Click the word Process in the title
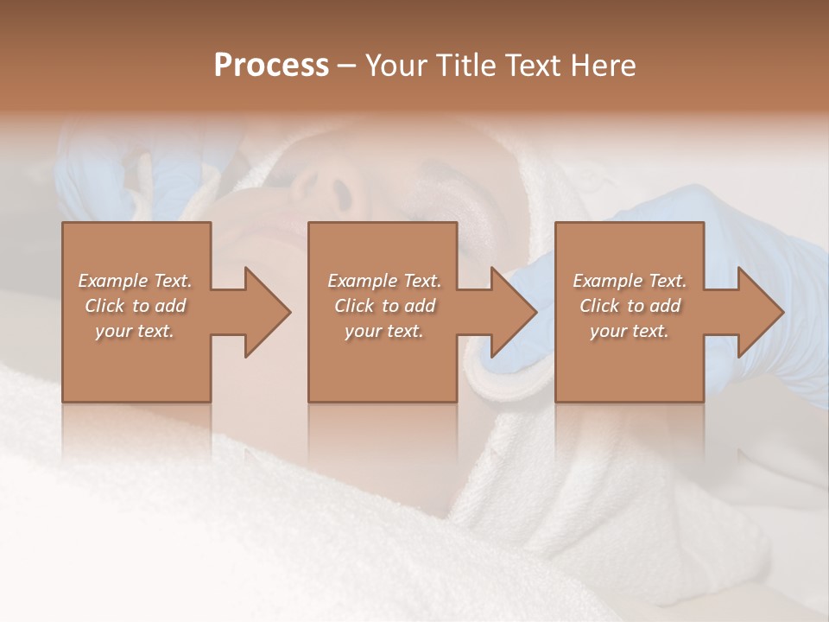[x=271, y=66]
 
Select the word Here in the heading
[x=602, y=66]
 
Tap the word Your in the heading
[x=395, y=66]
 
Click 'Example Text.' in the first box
[x=135, y=281]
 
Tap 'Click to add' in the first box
[x=135, y=306]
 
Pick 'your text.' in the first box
[x=135, y=331]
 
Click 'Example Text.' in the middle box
[x=383, y=281]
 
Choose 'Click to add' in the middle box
[x=383, y=306]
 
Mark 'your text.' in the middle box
[x=383, y=331]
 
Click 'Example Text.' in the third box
[x=630, y=281]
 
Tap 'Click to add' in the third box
[x=630, y=306]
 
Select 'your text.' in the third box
[x=630, y=331]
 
